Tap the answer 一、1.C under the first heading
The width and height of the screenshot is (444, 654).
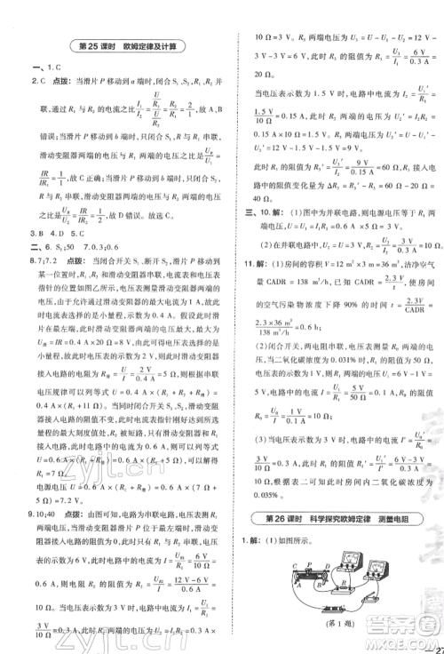pyautogui.click(x=44, y=68)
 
